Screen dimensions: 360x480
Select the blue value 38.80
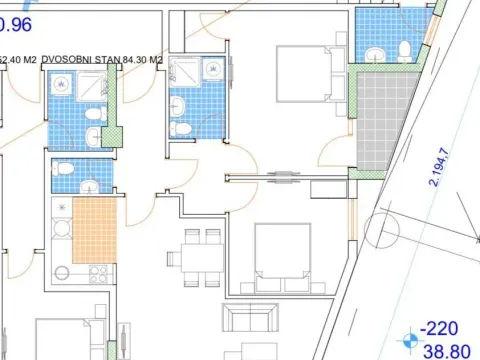445,351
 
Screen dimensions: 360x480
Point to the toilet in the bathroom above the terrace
401,49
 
